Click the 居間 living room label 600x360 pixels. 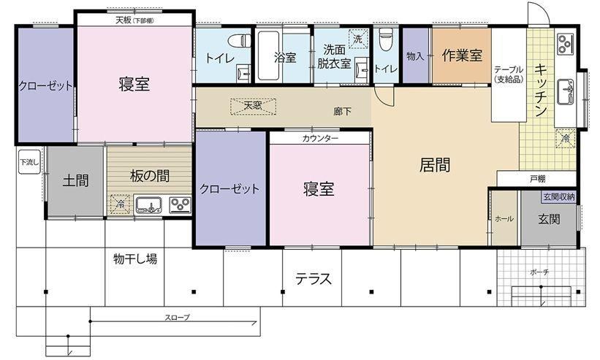coord(435,165)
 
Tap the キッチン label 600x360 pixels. coord(540,90)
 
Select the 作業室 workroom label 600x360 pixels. coord(461,55)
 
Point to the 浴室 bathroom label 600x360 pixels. coord(285,58)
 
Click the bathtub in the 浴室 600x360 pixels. coord(268,55)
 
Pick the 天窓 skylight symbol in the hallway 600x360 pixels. coord(253,106)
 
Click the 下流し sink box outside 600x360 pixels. coord(29,162)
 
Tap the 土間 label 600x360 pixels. coord(76,180)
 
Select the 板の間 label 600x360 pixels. coord(149,176)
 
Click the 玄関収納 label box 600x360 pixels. coord(558,197)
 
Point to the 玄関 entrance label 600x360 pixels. coord(549,219)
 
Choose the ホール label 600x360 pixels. coord(504,219)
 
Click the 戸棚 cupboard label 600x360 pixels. coord(538,178)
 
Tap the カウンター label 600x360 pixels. coord(320,138)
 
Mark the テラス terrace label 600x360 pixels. coord(314,280)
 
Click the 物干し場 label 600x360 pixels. coord(135,259)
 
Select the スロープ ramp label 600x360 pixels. coord(177,317)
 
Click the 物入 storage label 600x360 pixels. coord(415,56)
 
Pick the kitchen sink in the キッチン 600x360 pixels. coord(565,91)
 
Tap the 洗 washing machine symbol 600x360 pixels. coord(358,39)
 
